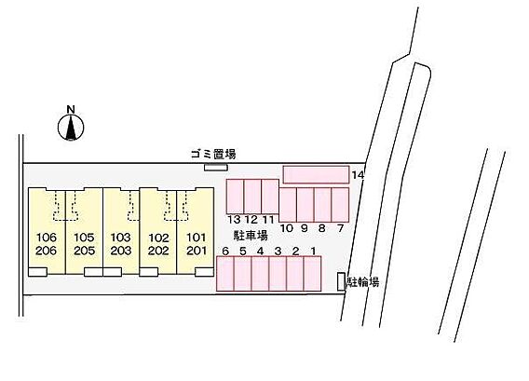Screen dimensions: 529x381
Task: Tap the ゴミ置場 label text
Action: [x=213, y=155]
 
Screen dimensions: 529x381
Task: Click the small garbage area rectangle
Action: [x=216, y=167]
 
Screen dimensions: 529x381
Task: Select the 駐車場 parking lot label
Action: [x=251, y=236]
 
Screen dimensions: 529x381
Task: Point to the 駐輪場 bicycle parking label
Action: [x=364, y=281]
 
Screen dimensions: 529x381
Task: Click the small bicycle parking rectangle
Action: [x=342, y=281]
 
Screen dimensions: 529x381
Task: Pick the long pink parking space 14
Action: [x=316, y=174]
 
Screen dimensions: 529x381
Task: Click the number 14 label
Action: [x=358, y=175]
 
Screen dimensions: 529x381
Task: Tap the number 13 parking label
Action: [x=234, y=220]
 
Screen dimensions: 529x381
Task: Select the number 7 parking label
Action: [x=340, y=228]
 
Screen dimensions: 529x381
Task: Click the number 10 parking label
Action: [x=287, y=228]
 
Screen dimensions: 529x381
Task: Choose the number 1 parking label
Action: [x=313, y=251]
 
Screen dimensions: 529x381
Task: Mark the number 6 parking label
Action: [x=225, y=252]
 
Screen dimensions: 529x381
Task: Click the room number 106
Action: [x=47, y=238]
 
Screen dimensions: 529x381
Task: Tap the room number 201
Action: [x=197, y=251]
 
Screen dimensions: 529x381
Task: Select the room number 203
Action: [x=121, y=251]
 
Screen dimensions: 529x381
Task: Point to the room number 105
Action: [x=84, y=238]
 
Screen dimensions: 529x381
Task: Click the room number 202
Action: [x=158, y=251]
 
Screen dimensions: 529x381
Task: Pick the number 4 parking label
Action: [x=260, y=252]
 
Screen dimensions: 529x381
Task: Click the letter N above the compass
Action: [x=71, y=109]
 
